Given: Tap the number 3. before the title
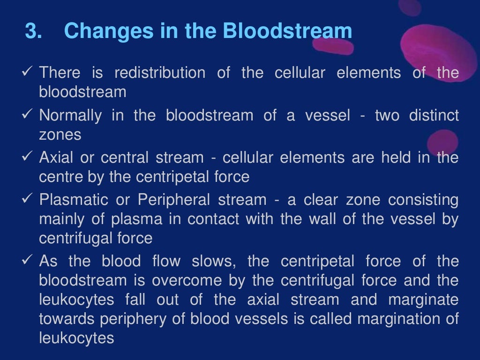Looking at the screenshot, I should (34, 31).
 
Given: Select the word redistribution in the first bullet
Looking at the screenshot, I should (160, 73).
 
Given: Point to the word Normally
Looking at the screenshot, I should (70, 115).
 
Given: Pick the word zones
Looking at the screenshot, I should (60, 135).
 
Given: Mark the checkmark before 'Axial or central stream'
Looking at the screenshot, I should (27, 157).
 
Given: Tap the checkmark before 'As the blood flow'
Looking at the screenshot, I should (27, 261).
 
